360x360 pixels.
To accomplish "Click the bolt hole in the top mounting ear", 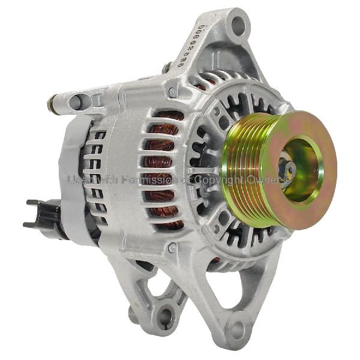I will pyautogui.click(x=239, y=24).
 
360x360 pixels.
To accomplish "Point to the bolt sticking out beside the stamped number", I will pyautogui.click(x=166, y=67).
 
